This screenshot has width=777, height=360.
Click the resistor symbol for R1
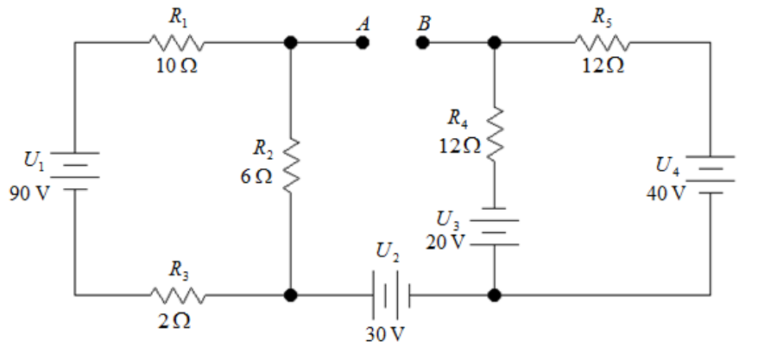point(176,42)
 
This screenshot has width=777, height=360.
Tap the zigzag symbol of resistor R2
point(291,166)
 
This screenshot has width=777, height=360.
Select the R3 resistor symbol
point(177,295)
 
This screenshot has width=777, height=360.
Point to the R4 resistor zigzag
point(495,134)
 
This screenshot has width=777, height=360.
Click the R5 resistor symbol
point(603,42)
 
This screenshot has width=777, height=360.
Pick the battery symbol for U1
point(75,171)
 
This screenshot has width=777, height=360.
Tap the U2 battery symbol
point(391,295)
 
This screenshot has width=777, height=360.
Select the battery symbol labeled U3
point(495,226)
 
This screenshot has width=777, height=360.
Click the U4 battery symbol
point(711,174)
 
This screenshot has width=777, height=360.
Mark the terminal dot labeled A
point(363,42)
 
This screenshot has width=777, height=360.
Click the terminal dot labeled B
point(422,42)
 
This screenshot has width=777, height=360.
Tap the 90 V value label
point(29,193)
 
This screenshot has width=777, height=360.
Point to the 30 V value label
point(385,335)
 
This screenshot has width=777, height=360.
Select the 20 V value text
point(445,242)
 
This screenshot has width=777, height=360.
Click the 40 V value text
point(666,193)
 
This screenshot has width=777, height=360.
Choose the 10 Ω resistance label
point(177,66)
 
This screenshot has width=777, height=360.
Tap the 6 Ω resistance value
point(256,177)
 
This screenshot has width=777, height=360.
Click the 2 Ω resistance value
point(174,322)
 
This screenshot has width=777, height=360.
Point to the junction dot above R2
point(291,42)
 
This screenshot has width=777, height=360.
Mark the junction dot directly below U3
point(495,295)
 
